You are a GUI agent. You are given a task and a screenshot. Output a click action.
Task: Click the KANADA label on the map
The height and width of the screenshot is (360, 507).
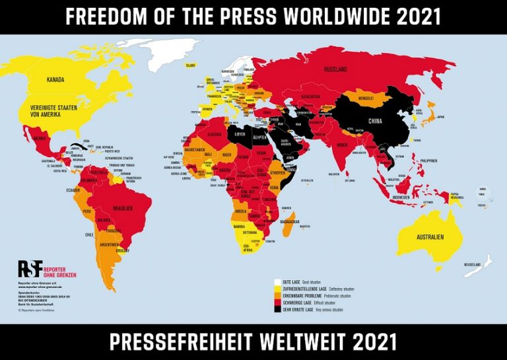(55, 80)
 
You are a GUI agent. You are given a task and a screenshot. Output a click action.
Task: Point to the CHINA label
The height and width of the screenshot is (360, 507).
(374, 121)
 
